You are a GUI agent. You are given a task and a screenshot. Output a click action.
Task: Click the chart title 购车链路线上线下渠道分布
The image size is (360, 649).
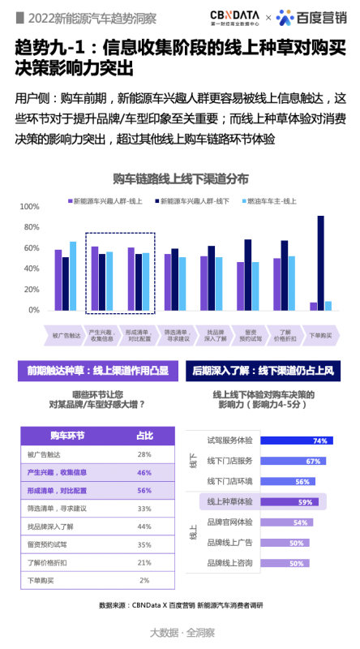(x=181, y=178)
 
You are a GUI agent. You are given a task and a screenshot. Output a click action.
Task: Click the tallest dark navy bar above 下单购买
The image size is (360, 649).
(x=320, y=263)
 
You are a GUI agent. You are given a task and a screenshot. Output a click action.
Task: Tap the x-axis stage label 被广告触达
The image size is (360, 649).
(x=66, y=334)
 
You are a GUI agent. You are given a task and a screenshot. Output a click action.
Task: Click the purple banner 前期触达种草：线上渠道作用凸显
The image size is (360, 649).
(x=96, y=371)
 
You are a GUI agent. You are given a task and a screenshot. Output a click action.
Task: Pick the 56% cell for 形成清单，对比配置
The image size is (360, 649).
(x=144, y=491)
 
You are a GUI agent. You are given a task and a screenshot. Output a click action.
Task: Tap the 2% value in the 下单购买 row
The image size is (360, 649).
(x=144, y=580)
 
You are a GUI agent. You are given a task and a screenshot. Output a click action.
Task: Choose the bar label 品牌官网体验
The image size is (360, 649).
(x=229, y=522)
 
